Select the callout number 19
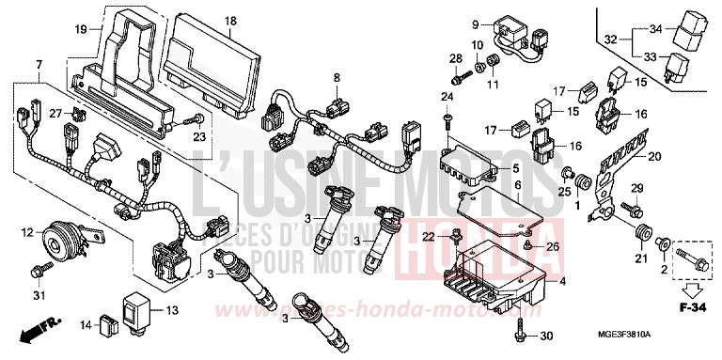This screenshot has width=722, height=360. (81, 30)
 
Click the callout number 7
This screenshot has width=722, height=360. (39, 63)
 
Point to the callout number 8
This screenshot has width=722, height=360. (334, 75)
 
